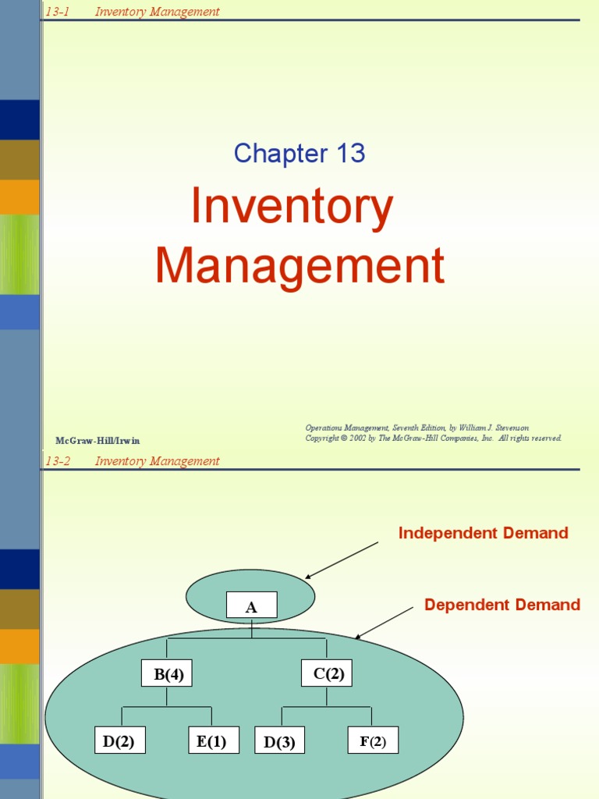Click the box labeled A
tap(251, 605)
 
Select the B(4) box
tap(167, 673)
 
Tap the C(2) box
tap(327, 673)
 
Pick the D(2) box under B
tap(120, 741)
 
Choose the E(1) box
tap(212, 741)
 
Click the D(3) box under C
tap(279, 742)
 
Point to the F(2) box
tap(373, 741)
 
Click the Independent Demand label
tap(483, 534)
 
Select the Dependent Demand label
tap(502, 605)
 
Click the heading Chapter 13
tap(299, 154)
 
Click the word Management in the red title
tap(299, 265)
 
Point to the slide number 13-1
tap(58, 12)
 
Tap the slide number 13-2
tap(58, 461)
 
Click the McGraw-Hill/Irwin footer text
tap(97, 441)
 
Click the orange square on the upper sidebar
tap(19, 197)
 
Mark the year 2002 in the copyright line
tap(356, 439)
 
